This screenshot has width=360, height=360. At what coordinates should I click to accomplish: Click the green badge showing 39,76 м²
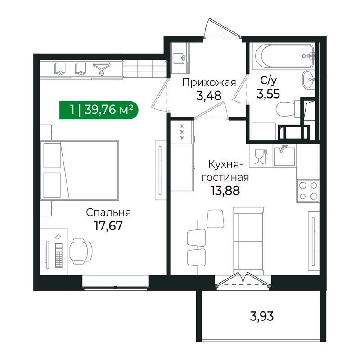pyautogui.click(x=99, y=109)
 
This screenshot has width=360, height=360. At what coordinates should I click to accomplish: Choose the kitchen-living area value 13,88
pyautogui.click(x=225, y=190)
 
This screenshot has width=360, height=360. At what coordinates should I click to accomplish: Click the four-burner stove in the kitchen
pyautogui.click(x=308, y=190)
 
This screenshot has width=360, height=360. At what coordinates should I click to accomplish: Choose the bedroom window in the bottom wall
pyautogui.click(x=116, y=281)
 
